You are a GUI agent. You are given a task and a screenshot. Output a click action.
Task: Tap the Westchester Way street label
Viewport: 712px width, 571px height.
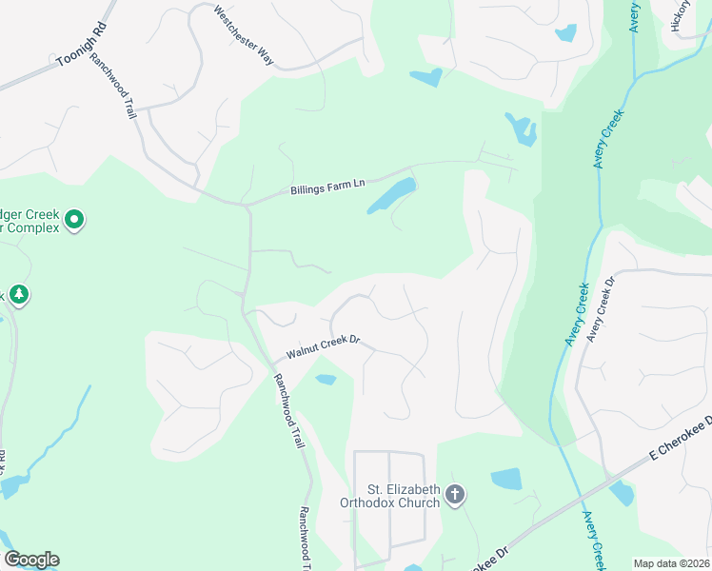click(244, 36)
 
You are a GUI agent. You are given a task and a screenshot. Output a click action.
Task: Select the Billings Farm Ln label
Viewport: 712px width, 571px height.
click(327, 185)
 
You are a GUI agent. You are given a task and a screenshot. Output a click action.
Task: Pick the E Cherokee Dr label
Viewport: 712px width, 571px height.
click(682, 439)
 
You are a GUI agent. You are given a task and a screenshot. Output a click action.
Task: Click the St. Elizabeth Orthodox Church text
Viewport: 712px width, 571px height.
click(390, 496)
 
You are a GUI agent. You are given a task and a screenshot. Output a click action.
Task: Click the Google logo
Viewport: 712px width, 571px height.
click(31, 560)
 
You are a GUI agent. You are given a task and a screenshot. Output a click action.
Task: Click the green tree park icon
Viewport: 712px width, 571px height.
click(18, 296)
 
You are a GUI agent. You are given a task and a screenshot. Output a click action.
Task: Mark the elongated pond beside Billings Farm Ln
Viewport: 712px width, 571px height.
click(391, 194)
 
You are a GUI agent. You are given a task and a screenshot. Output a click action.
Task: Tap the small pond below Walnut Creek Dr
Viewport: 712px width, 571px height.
click(326, 380)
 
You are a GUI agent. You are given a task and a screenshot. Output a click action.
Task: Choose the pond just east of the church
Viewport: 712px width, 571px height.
click(506, 478)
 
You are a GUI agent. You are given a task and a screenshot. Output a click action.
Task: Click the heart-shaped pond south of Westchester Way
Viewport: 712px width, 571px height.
click(426, 76)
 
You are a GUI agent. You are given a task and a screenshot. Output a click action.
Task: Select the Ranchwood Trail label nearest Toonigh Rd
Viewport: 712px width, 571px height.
click(113, 85)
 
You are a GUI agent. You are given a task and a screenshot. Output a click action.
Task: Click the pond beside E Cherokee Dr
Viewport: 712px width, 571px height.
click(621, 493)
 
